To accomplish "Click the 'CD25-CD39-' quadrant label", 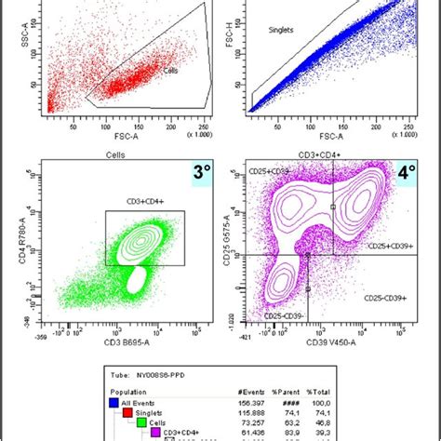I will pyautogui.click(x=286, y=316).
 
